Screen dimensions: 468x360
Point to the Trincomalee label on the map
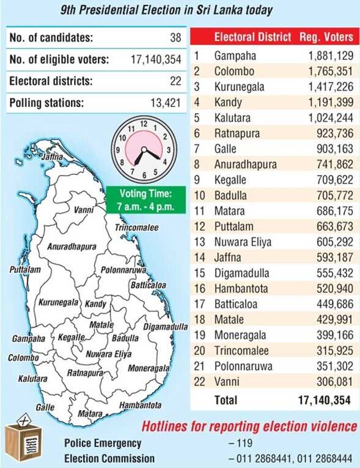[x=137, y=228]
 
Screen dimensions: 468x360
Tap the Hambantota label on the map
[x=141, y=405]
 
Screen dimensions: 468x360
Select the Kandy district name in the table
[x=228, y=102]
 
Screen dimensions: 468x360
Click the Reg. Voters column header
[x=326, y=37]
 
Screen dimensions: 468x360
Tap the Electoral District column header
[x=252, y=37]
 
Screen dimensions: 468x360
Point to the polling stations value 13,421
[x=166, y=103]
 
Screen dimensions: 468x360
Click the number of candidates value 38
[x=175, y=38]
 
